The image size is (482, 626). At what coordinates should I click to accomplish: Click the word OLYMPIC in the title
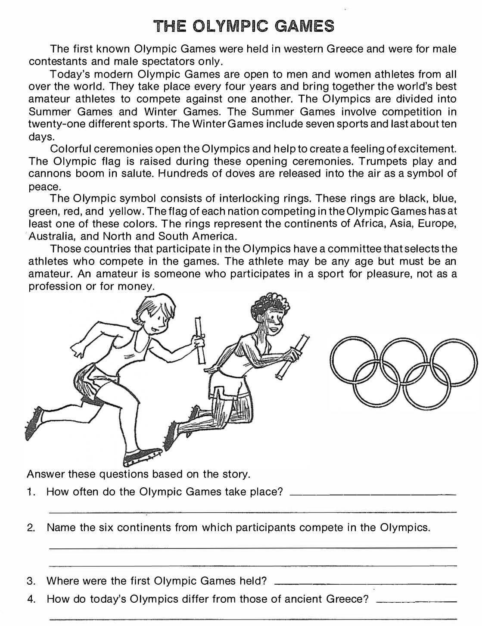click(230, 26)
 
